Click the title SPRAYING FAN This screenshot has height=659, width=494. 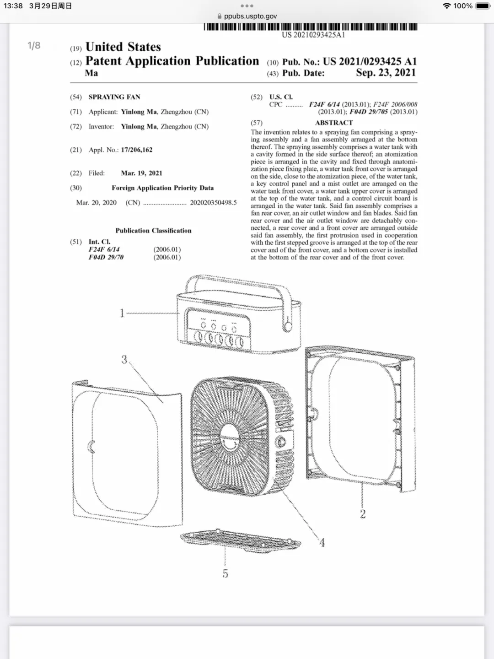114,97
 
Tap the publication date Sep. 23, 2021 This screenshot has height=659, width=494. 386,73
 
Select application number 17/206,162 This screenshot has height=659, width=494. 136,150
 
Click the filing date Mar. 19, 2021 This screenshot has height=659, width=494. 141,173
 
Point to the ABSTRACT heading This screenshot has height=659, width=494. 334,123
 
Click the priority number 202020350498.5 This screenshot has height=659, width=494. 213,202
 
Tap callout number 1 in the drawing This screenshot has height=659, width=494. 122,313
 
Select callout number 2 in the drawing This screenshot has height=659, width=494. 363,514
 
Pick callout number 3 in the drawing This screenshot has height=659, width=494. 124,360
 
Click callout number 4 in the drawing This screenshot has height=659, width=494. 322,542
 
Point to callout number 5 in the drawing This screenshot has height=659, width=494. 225,573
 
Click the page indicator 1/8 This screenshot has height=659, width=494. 34,45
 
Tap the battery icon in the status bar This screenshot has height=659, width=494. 483,6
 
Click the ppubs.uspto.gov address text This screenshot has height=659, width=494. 250,16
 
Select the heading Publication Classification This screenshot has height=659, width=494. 153,231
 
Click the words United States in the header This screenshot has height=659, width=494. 123,47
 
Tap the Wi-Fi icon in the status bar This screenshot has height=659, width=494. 446,6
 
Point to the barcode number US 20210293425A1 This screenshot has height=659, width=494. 313,35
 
